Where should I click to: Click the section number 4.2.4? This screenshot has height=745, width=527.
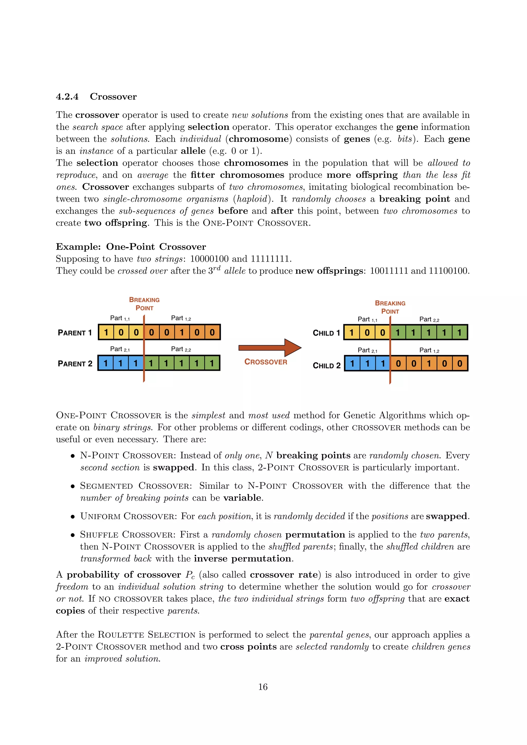click(x=67, y=97)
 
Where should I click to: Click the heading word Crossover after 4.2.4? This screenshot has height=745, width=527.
click(x=113, y=97)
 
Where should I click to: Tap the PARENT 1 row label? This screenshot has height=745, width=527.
click(x=75, y=333)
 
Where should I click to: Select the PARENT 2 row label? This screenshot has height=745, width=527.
click(x=75, y=363)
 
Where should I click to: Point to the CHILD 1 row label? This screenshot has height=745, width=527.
click(x=326, y=333)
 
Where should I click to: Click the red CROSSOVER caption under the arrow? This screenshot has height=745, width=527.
click(x=266, y=362)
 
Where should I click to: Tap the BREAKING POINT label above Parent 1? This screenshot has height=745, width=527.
click(x=144, y=304)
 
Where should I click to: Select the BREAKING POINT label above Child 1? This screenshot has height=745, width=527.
click(x=390, y=307)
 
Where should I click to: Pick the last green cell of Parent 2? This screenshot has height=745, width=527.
click(x=212, y=363)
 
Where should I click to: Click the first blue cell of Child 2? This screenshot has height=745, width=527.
click(x=352, y=363)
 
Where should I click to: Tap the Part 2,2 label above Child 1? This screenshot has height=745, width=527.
click(x=429, y=319)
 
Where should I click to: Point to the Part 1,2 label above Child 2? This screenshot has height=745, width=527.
click(x=429, y=350)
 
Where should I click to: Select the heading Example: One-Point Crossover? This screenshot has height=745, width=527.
click(x=131, y=247)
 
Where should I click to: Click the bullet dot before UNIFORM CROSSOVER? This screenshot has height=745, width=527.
click(x=73, y=517)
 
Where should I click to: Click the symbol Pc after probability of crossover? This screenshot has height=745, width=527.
click(x=190, y=575)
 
